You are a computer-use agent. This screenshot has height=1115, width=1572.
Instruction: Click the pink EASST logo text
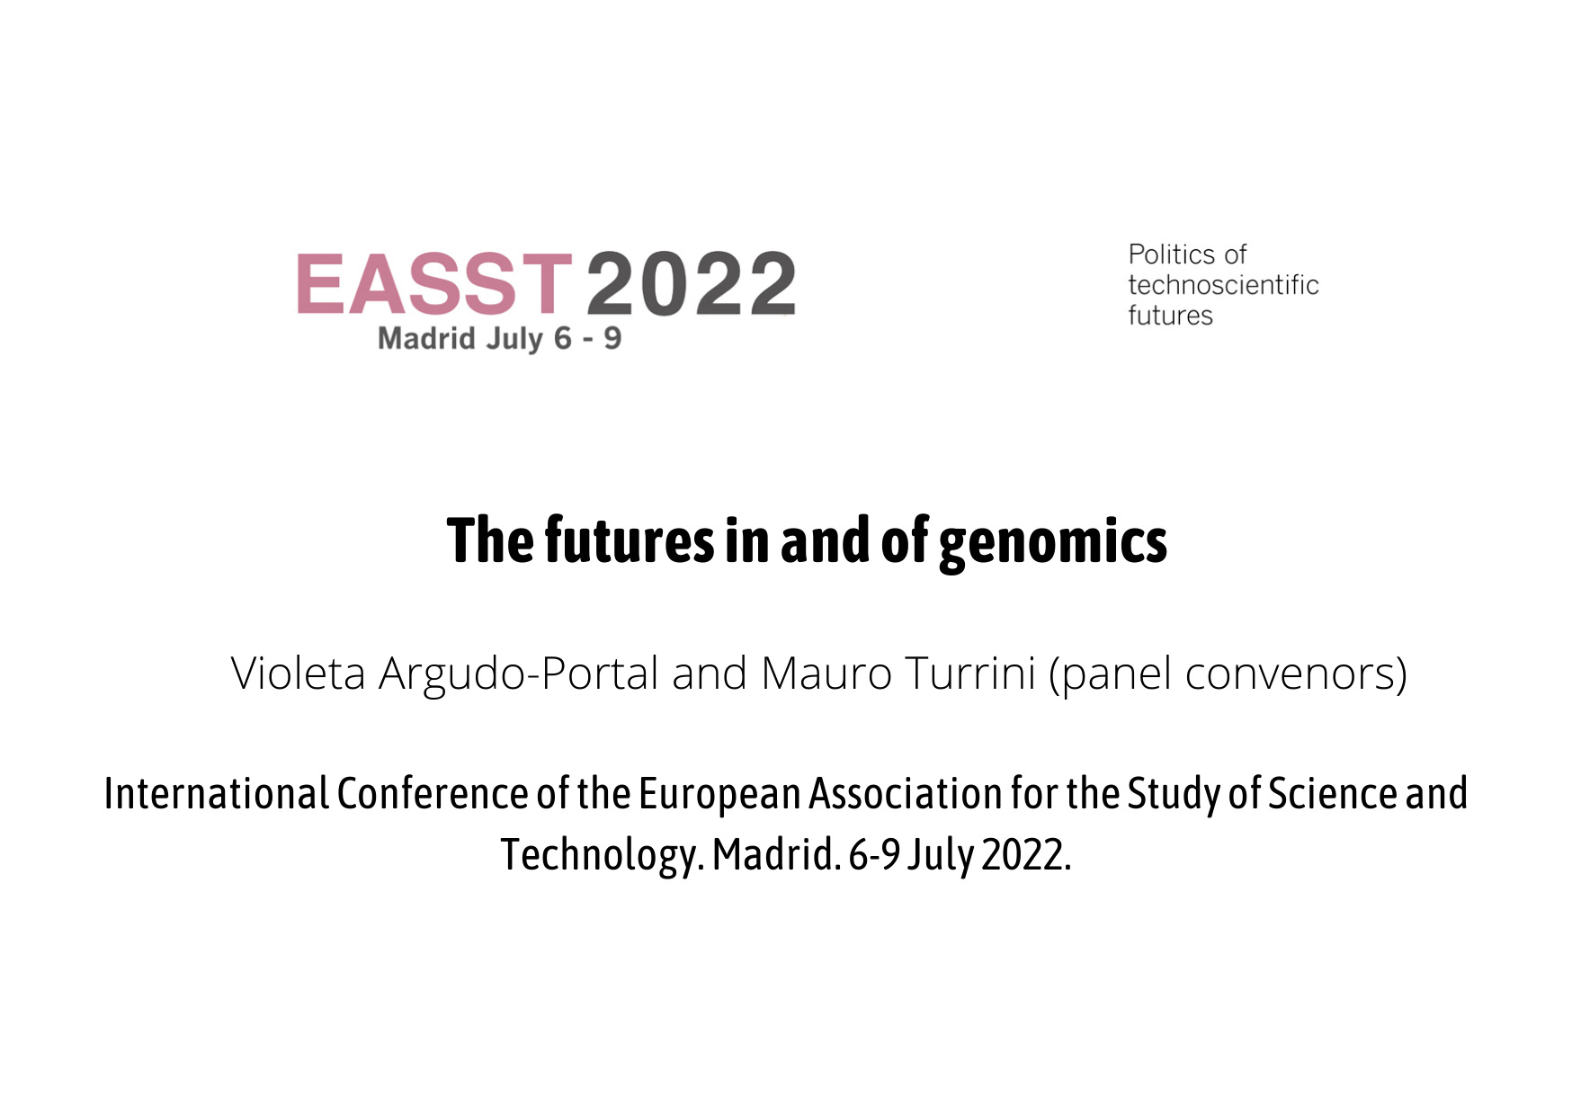pos(434,283)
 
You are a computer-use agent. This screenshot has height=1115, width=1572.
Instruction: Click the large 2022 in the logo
pos(692,283)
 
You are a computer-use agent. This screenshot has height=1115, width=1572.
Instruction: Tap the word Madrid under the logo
pos(426,338)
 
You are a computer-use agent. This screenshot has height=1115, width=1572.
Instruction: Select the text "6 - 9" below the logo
pos(587,338)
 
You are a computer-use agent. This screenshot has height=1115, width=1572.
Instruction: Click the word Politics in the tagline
pos(1170,254)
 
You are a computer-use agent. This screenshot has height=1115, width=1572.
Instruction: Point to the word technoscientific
pos(1223,285)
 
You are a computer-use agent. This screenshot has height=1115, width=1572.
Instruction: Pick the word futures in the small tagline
pos(1170,316)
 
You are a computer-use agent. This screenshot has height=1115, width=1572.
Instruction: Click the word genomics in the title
pos(1053,542)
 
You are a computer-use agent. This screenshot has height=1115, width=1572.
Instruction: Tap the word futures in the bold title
pos(630,540)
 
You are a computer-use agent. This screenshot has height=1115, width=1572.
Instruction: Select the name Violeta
pos(298,673)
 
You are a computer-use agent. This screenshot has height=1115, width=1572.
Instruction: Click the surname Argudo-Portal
pos(519,674)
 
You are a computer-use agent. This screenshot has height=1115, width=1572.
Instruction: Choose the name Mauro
pos(826,673)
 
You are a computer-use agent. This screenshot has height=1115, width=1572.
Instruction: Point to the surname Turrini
pos(970,673)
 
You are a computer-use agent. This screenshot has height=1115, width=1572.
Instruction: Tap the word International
pos(216,794)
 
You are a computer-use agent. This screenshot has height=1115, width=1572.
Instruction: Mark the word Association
pos(906,794)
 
